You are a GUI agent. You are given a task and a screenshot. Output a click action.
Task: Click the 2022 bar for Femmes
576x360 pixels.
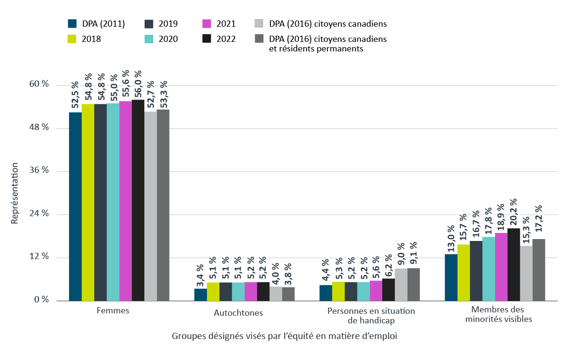click(x=138, y=200)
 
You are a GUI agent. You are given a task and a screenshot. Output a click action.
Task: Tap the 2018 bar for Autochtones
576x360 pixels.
click(x=213, y=291)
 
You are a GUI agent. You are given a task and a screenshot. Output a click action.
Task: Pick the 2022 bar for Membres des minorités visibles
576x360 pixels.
click(x=514, y=264)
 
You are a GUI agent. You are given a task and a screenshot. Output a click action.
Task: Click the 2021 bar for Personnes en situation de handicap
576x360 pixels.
click(x=376, y=290)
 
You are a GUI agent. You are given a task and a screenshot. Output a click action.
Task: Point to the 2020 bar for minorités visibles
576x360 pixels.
click(x=488, y=269)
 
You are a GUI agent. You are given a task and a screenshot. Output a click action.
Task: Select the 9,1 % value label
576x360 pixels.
click(x=414, y=254)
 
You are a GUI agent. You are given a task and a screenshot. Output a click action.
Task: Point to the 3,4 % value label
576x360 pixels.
click(x=200, y=274)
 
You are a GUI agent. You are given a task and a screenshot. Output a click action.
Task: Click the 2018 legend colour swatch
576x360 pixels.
click(x=72, y=39)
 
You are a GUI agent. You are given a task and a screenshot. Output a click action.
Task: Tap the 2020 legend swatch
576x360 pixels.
click(x=148, y=39)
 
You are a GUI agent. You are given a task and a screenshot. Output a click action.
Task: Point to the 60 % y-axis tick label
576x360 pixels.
click(x=39, y=84)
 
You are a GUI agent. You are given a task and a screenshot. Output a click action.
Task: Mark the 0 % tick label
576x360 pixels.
click(x=41, y=300)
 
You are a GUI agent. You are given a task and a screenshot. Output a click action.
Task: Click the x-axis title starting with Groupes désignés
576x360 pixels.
click(x=284, y=336)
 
